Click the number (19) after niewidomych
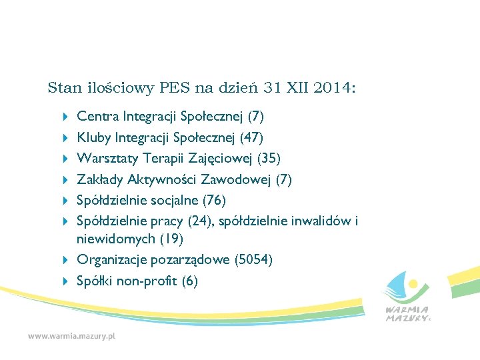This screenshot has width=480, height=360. click(170, 238)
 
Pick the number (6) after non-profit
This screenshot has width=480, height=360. click(189, 281)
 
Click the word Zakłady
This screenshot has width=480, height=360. click(100, 179)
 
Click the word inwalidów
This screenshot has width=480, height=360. click(323, 221)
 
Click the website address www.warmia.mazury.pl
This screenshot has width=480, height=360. click(71, 337)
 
